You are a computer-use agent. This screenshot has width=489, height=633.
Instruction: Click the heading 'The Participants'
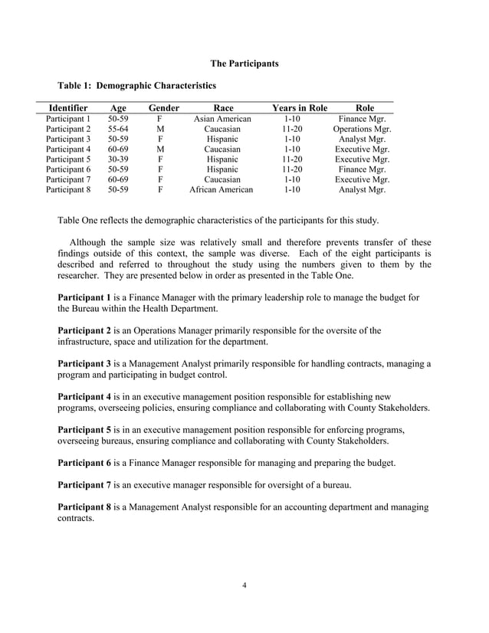[244, 61]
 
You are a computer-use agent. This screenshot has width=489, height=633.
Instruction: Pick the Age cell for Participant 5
[118, 159]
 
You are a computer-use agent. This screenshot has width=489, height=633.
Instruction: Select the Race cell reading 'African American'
[221, 189]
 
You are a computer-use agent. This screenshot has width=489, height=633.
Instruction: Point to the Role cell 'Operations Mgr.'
[362, 130]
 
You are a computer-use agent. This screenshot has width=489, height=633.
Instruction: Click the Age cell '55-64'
[118, 130]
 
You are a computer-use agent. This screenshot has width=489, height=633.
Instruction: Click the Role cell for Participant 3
[362, 139]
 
